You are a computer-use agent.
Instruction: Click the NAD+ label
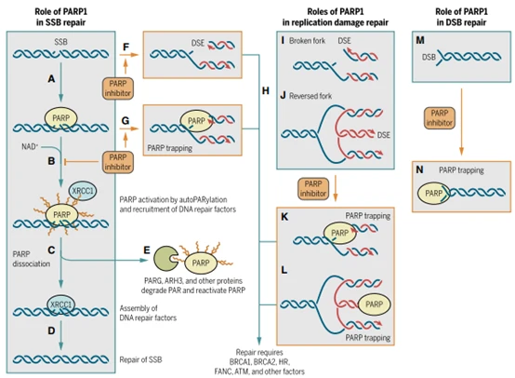pos(30,146)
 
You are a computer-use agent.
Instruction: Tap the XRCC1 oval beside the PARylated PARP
pos(83,191)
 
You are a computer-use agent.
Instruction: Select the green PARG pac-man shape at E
pos(165,258)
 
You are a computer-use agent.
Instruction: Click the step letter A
pos(51,79)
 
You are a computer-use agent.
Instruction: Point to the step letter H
pos(266,90)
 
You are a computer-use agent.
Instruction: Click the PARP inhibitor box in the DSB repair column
pos(440,117)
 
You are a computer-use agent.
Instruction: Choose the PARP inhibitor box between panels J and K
pos(313,188)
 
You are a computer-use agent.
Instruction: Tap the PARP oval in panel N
pos(433,193)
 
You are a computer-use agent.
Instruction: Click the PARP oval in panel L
pos(374,304)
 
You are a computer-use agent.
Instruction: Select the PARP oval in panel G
pos(196,121)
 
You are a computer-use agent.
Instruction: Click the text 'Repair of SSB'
pos(140,359)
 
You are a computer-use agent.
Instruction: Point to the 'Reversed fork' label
pos(310,96)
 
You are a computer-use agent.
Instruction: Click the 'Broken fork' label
pos(307,41)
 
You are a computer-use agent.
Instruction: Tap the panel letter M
pos(420,40)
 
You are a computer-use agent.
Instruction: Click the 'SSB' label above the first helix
pos(60,42)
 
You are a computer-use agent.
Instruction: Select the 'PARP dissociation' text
pos(32,259)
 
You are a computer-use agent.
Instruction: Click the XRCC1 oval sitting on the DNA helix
pos(60,304)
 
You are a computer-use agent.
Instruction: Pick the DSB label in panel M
pos(429,57)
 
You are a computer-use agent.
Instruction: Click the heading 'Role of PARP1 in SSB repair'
pos(60,17)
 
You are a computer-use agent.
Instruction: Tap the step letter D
pos(51,331)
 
